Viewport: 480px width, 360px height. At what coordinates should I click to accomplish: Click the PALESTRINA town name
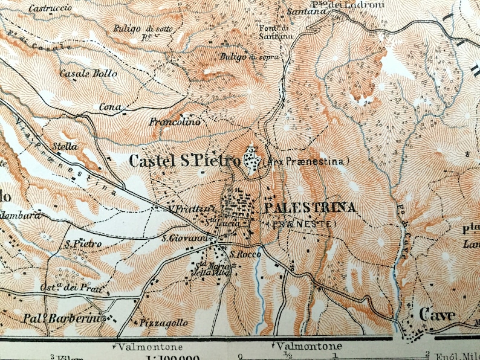310,208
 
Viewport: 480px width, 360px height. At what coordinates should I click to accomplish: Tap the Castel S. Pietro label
184,161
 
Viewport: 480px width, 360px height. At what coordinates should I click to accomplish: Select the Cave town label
438,315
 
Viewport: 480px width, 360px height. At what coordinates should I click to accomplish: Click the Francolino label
175,122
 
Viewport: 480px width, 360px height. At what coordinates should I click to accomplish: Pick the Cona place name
107,108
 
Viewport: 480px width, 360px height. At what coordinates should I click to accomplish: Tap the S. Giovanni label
181,238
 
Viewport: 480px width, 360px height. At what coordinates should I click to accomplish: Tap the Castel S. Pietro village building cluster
251,159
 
